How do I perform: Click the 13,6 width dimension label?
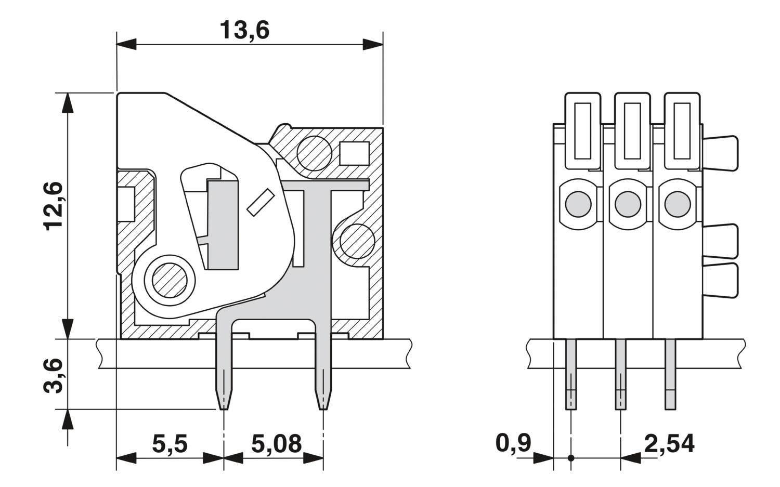[x=244, y=30]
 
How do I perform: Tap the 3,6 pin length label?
[x=53, y=376]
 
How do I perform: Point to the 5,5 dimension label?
[x=170, y=444]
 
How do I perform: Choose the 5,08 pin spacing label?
[x=277, y=444]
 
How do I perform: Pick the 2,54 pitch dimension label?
[x=669, y=444]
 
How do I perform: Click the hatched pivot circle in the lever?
[x=170, y=281]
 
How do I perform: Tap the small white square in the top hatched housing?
[x=354, y=153]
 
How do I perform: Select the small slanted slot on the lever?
[x=260, y=202]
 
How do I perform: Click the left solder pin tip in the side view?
[x=224, y=405]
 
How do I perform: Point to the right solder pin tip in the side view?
[x=323, y=405]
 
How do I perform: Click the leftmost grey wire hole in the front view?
[x=578, y=204]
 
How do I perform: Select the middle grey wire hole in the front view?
[x=628, y=204]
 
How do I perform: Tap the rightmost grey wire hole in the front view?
[x=678, y=204]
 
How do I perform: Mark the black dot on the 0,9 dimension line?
[x=571, y=458]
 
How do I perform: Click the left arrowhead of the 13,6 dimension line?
[x=126, y=45]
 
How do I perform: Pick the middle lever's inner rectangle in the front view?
[x=633, y=131]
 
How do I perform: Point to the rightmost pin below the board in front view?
[x=670, y=374]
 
